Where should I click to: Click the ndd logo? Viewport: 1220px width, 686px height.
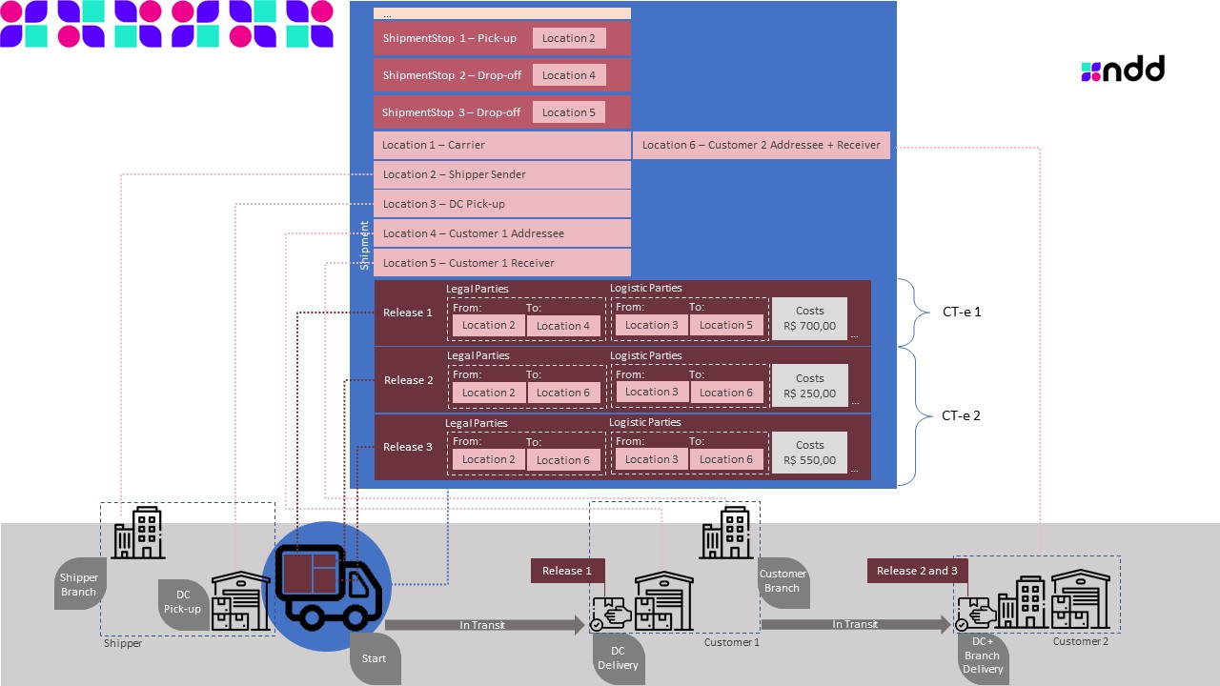coord(1123,70)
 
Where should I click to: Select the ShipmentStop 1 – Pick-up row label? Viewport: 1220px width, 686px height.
coord(449,38)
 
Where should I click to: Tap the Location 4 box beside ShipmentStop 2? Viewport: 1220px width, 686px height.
coord(569,75)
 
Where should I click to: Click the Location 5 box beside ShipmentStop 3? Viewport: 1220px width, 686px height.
coord(568,112)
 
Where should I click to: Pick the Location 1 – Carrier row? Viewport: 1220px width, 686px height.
coord(501,145)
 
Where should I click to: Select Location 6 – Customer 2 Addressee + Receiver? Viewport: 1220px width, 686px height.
coord(762,145)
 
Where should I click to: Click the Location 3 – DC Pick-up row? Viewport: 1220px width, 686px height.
coord(501,204)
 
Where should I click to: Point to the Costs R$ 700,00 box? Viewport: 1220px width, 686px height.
coord(809,318)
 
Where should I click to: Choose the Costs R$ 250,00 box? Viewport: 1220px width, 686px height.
coord(809,386)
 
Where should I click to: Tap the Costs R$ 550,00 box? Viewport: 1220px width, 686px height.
coord(809,453)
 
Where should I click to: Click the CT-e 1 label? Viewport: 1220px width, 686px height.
coord(961,312)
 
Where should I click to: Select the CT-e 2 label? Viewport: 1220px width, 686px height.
coord(961,415)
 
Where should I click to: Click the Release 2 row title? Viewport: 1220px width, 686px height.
coord(408,380)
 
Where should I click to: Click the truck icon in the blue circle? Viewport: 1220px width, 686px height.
coord(327,587)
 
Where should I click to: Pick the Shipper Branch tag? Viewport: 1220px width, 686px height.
coord(79,585)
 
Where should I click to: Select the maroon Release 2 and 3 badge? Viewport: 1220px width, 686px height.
coord(917,571)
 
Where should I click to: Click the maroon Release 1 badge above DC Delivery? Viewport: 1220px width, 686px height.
coord(567,571)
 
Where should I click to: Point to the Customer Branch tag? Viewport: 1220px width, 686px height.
coord(783,580)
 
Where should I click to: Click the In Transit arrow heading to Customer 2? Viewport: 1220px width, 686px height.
coord(855,624)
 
